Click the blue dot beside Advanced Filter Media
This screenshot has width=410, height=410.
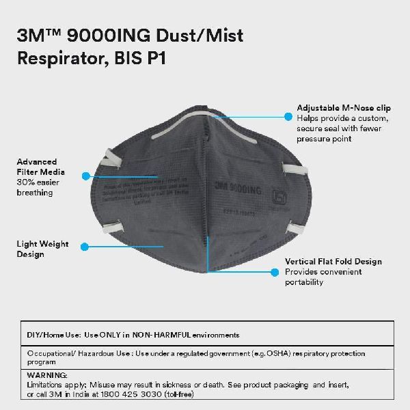pyautogui.click(x=85, y=176)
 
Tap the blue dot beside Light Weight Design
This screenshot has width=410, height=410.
pyautogui.click(x=84, y=244)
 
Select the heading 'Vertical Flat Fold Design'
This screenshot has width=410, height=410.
pyautogui.click(x=333, y=262)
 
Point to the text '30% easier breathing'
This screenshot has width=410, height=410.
pyautogui.click(x=38, y=188)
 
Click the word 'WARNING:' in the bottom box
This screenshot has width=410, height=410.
pyautogui.click(x=47, y=375)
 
